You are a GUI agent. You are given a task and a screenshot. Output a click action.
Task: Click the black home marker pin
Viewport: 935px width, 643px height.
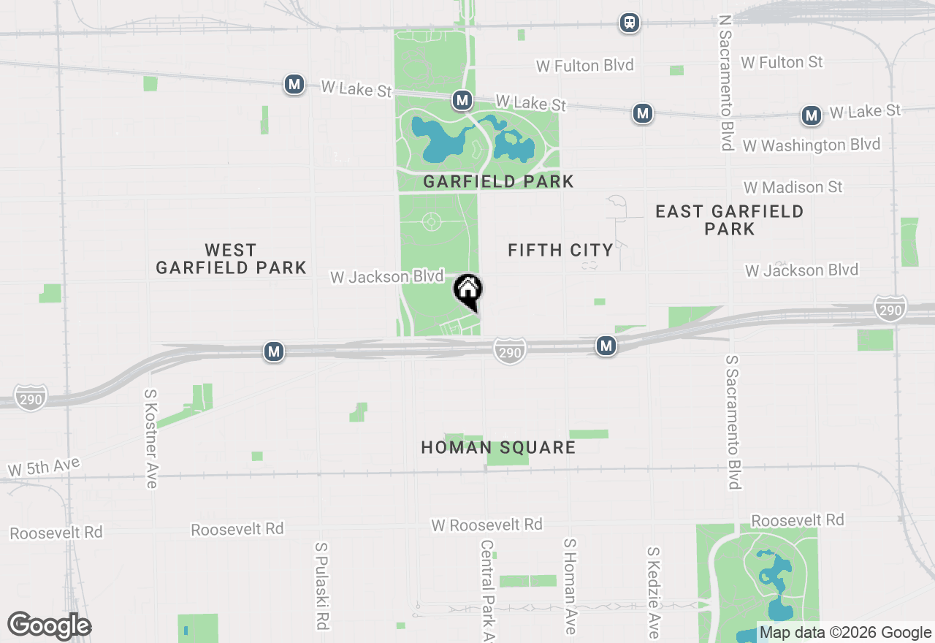click(x=467, y=290)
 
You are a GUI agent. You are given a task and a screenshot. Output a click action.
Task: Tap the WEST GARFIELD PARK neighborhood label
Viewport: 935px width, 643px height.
click(x=231, y=259)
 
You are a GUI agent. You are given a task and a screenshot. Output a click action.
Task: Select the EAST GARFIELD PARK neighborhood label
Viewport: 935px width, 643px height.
click(x=729, y=220)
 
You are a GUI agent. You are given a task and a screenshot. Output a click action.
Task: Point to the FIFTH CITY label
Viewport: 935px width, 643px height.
click(x=560, y=251)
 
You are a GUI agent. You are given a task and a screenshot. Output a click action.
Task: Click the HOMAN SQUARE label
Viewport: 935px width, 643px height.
click(x=498, y=447)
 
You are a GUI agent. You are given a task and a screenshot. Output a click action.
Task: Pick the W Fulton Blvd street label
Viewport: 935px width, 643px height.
click(x=584, y=66)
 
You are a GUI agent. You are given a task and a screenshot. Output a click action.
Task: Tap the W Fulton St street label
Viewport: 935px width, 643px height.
click(x=782, y=63)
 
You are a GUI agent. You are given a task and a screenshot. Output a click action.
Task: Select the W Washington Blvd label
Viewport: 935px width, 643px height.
click(x=811, y=145)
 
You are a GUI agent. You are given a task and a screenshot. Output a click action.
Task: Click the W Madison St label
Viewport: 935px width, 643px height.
click(x=793, y=188)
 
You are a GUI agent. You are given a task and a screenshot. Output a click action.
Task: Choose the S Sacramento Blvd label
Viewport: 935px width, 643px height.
click(x=733, y=422)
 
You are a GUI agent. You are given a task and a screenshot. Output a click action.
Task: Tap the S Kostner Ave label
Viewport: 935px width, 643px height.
click(x=151, y=438)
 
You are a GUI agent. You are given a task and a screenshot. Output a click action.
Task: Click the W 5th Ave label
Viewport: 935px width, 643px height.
click(x=44, y=467)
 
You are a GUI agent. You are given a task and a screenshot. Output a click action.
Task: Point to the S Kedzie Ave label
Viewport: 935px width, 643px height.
click(x=654, y=592)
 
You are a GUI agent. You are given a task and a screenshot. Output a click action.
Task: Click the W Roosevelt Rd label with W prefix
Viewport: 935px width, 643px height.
click(x=486, y=525)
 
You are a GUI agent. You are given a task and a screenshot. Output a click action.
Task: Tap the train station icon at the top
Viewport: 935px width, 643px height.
click(x=630, y=23)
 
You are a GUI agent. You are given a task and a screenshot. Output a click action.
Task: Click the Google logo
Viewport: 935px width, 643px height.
click(x=49, y=625)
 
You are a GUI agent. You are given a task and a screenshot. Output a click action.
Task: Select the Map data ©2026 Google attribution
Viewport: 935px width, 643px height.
click(x=845, y=633)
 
